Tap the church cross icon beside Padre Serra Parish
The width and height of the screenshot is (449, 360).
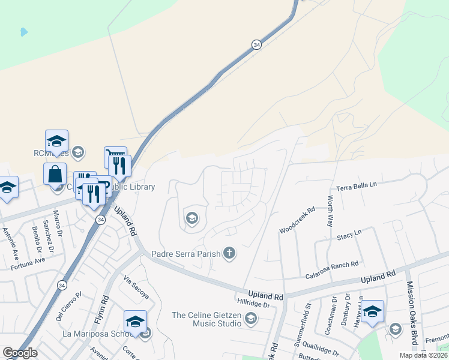(x=229, y=253)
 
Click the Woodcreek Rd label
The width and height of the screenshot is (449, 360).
(x=297, y=221)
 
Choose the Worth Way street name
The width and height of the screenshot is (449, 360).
(x=330, y=211)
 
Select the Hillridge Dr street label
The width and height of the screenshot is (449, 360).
(x=255, y=304)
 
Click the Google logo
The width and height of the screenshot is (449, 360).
(x=20, y=353)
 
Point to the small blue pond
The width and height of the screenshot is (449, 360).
(x=23, y=31)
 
